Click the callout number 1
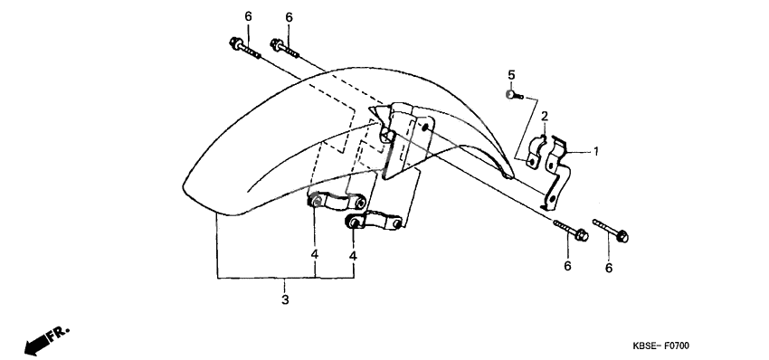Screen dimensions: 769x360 596,152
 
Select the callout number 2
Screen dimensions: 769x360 545,117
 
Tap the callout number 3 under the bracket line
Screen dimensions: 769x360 285,299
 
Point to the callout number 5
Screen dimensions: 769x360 511,75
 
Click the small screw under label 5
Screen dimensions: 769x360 514,95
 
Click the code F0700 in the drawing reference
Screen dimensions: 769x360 677,346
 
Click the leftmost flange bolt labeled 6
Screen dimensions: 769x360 244,48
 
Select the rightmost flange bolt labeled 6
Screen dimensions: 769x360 611,231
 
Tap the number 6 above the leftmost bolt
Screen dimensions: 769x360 248,16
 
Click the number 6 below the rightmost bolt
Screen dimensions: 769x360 609,268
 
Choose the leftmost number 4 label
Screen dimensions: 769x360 314,254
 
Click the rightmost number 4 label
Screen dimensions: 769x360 353,256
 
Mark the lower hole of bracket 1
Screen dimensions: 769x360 552,199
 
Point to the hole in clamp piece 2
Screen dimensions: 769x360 531,161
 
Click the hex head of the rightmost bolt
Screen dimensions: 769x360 622,237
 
